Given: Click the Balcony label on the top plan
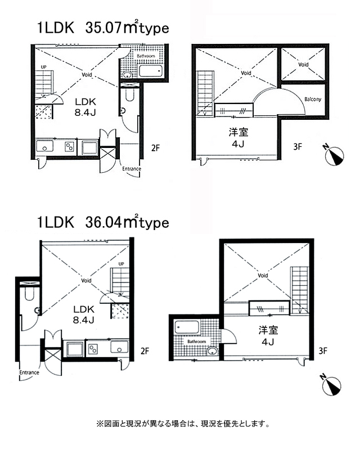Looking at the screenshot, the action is pos(313,100).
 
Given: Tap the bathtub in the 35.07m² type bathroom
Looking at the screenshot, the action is pos(151,71).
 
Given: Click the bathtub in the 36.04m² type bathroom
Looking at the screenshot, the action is pos(187,327).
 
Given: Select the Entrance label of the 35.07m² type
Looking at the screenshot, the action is pos(132,169).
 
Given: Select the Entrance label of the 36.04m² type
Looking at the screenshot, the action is pos(29,372).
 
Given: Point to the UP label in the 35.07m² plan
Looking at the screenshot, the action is pos(44,67).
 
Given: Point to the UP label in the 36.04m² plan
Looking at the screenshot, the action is pos(121,264).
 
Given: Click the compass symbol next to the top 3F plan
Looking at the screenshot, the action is pos(334,155).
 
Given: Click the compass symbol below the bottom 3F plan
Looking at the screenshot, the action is pos(331,385).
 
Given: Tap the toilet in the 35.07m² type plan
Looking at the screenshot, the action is pos(130,94).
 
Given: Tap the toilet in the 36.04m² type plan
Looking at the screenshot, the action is pos(29,294).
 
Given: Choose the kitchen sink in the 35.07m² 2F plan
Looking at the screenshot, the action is pos(44,146).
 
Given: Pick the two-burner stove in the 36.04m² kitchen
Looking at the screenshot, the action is pos(93,349).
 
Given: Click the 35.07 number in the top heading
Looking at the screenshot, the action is pos(103,28).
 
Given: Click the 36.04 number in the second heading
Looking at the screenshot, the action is pos(103,222).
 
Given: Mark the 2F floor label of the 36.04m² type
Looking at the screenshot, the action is pos(145,350).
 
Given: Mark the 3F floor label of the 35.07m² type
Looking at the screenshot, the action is pos(298,147).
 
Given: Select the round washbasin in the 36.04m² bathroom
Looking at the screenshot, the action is pos(212,351).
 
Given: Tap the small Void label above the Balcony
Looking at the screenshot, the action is pos(303,65).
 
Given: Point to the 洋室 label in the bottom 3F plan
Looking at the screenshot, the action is pos(268,330).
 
